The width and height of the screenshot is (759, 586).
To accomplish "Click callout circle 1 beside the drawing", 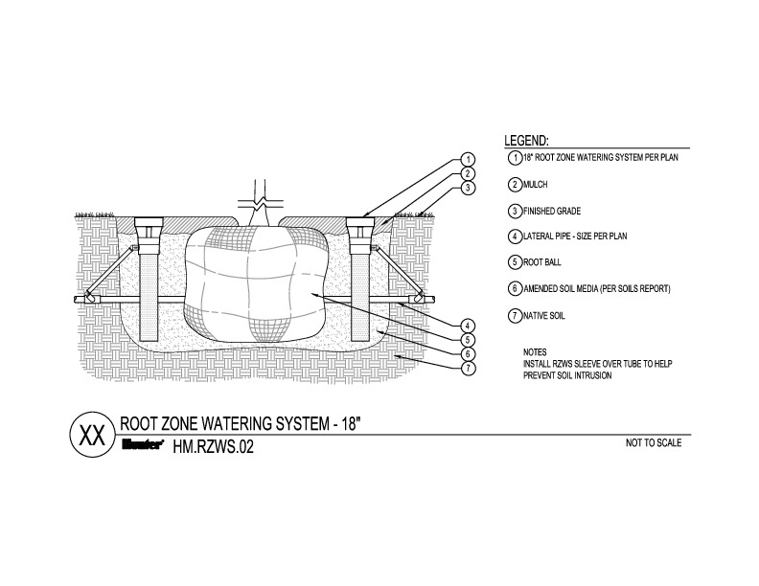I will pos(467,159).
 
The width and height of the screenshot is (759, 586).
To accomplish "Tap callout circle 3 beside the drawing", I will pos(467,189).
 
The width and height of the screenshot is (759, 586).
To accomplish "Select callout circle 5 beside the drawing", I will pos(467,339).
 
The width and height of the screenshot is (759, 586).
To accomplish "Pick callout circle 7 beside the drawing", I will pos(467,368).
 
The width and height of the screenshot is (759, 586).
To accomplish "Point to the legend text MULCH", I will pos(535,184).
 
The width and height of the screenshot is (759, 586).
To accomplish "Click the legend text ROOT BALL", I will pos(542,262).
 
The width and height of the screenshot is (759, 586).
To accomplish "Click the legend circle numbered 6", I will pos(515,288).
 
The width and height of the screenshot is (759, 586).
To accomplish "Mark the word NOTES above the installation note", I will pos(535,352).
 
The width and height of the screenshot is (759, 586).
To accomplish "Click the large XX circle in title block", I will pos(90,434).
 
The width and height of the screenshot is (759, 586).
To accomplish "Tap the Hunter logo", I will pos(145,444).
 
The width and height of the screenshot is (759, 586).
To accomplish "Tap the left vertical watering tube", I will pos(149,287).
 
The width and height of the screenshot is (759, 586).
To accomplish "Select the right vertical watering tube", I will pos(359,287).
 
